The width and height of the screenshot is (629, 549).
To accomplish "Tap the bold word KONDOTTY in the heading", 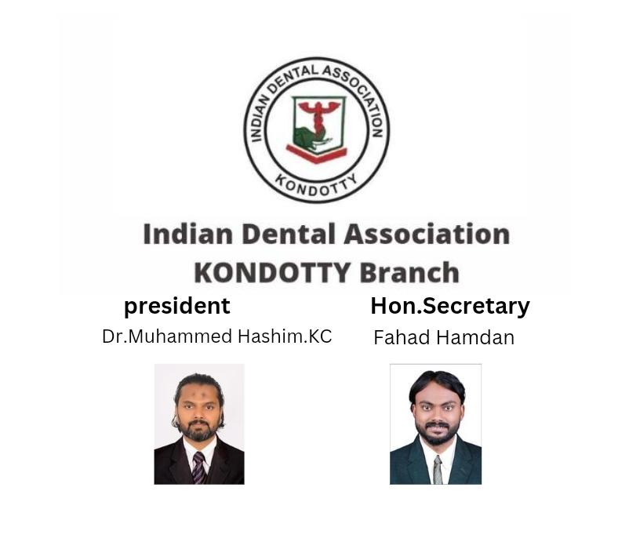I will tap(272, 272).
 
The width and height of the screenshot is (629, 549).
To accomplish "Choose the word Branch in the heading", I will tap(409, 272).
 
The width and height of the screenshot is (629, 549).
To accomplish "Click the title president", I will tap(177, 305).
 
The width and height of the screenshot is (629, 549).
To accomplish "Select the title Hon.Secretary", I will tap(449, 305).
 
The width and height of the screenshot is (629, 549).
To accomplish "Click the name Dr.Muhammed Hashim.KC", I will tap(217, 336).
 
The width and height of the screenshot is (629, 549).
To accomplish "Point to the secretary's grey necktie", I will tap(437, 469).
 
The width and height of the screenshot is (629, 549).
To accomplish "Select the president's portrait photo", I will tap(198, 424).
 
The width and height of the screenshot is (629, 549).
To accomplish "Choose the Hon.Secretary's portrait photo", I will tap(435, 424).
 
